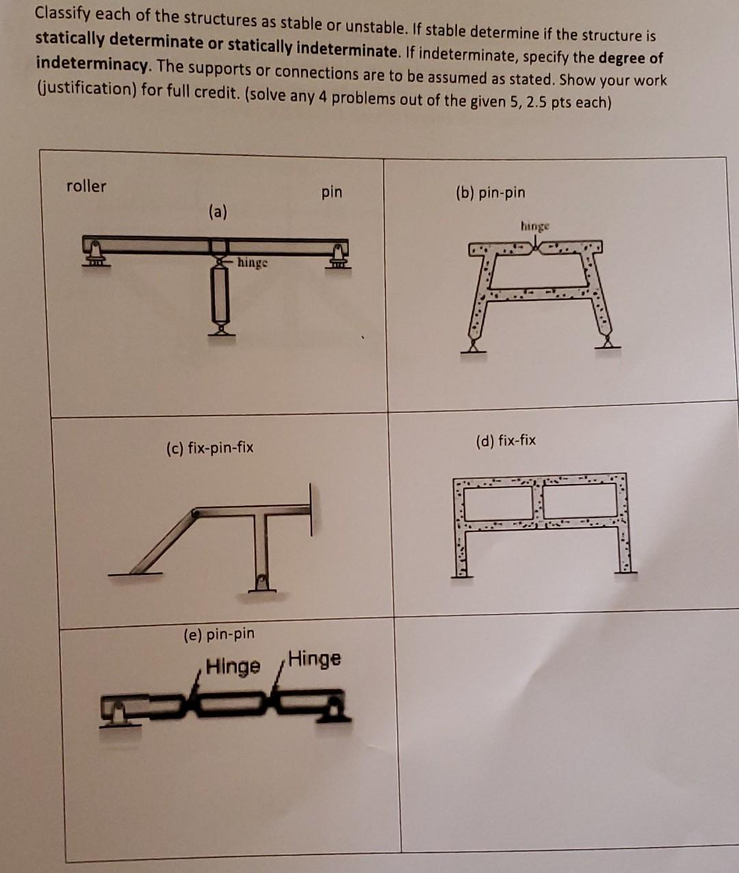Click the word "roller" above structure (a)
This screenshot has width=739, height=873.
click(86, 186)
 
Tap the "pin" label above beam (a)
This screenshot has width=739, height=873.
click(331, 192)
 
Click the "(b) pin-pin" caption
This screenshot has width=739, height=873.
click(490, 193)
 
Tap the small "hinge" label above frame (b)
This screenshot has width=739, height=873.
click(534, 226)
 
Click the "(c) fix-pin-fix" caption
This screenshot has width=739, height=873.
click(209, 448)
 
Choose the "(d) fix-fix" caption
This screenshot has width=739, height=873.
click(505, 440)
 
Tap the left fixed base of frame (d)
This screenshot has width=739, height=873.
click(461, 573)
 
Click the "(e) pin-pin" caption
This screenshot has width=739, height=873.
click(219, 634)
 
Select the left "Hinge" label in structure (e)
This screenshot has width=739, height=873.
click(233, 665)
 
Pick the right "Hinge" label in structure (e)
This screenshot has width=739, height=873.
click(314, 659)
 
